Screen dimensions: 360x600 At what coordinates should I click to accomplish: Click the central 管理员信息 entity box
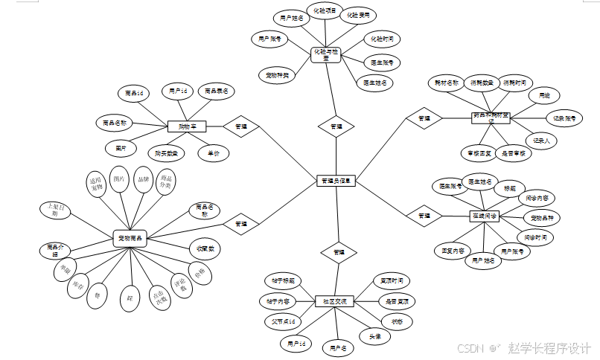(x=337, y=181)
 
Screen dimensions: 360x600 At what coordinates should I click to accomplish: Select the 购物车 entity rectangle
(x=186, y=126)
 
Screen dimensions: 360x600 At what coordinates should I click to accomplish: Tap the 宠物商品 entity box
(x=130, y=238)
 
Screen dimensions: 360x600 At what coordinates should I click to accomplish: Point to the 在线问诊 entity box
(x=485, y=216)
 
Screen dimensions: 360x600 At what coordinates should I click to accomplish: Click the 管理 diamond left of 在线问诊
(x=424, y=216)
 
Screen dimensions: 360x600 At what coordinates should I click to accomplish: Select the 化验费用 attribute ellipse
(x=357, y=14)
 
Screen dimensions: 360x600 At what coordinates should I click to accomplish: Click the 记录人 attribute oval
(x=541, y=139)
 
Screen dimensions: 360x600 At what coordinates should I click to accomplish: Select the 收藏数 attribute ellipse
(x=205, y=248)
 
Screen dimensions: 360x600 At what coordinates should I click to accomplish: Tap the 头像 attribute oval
(x=375, y=336)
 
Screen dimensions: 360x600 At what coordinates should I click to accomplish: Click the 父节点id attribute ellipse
(x=283, y=321)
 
